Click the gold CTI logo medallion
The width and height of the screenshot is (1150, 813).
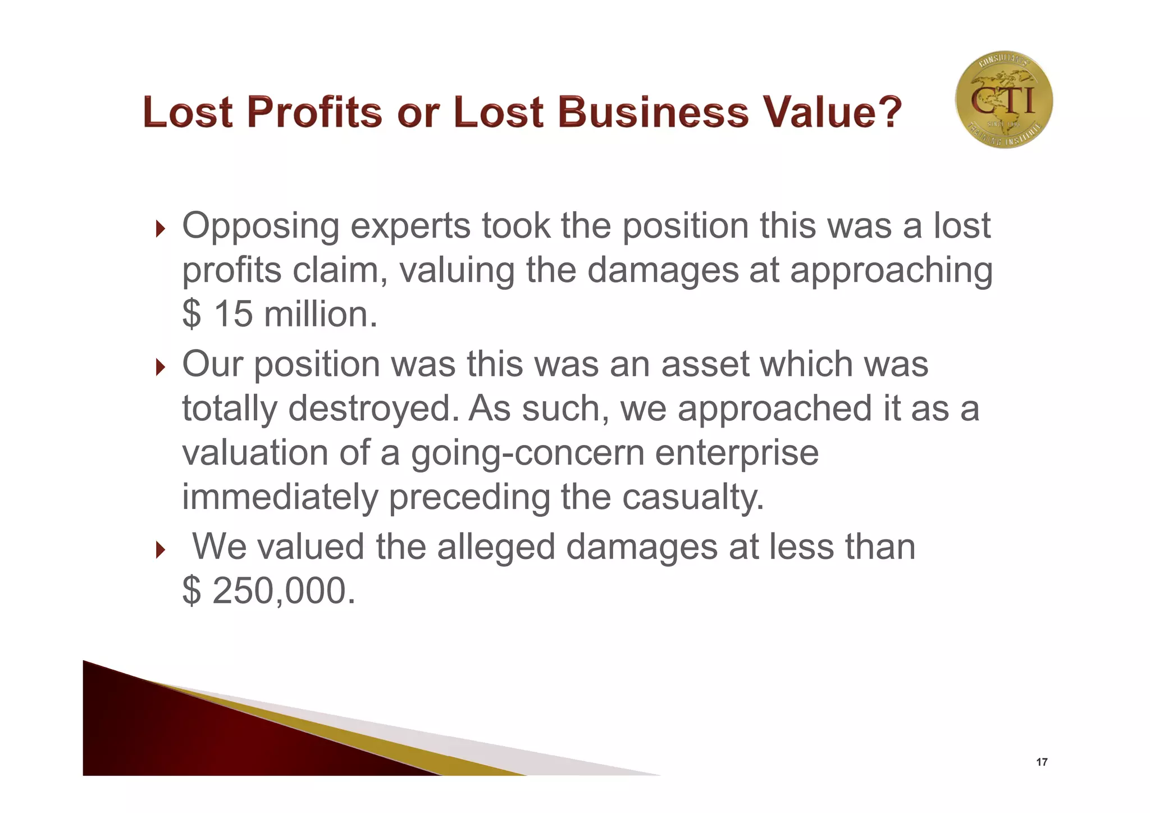point(1004,99)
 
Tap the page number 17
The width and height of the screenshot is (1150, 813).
point(1042,762)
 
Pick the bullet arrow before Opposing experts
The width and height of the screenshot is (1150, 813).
point(161,229)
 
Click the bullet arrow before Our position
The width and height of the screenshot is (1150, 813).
point(161,367)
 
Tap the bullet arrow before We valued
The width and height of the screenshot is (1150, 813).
point(161,550)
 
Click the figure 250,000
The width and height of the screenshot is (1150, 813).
point(284,591)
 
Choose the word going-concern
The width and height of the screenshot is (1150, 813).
point(528,453)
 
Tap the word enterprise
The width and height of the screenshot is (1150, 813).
point(737,453)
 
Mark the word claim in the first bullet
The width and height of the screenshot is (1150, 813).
point(340,270)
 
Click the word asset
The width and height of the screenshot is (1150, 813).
point(705,364)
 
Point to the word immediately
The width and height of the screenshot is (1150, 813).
point(280,497)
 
